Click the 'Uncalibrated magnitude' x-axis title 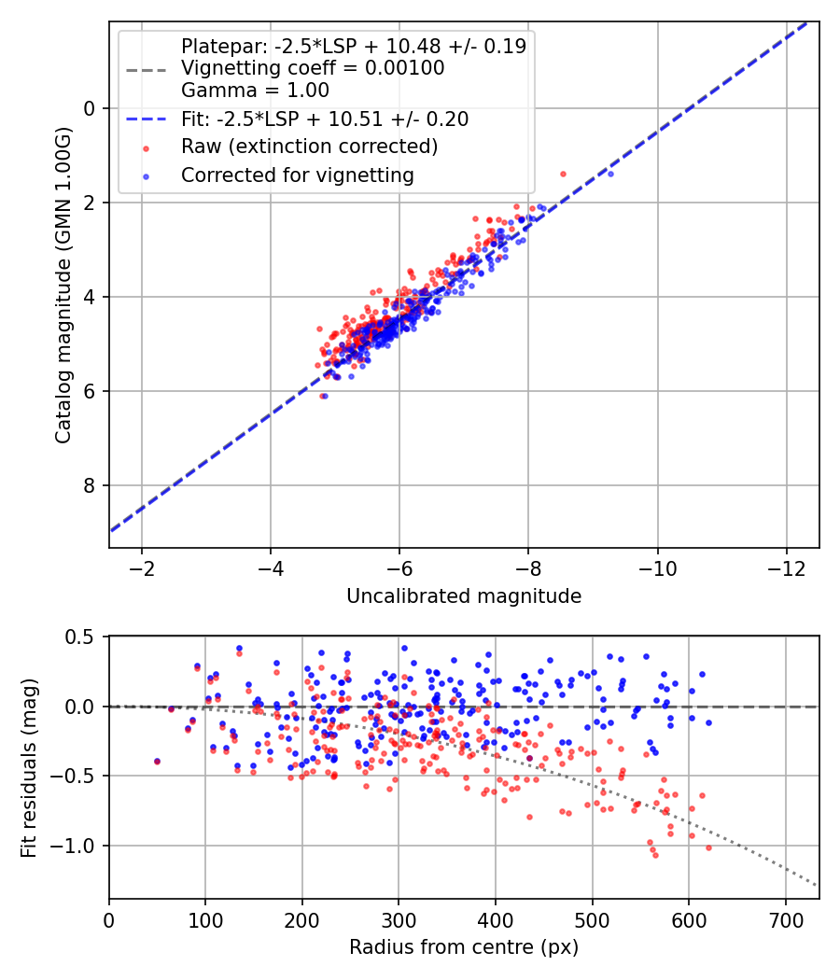[x=464, y=596]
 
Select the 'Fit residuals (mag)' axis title [x=29, y=767]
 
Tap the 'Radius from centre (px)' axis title [x=464, y=947]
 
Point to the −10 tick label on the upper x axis [x=657, y=568]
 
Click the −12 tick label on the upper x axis [x=786, y=568]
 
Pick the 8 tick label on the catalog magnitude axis [x=89, y=485]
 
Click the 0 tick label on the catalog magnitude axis [x=89, y=109]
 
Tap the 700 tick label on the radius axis [x=786, y=920]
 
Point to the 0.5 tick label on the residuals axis [x=80, y=637]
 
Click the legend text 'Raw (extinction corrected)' [x=309, y=147]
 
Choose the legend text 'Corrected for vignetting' [x=298, y=175]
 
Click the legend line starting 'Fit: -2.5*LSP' [x=325, y=119]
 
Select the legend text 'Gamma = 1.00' [x=255, y=91]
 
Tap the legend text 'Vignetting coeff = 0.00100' [x=313, y=68]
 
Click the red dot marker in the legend [x=147, y=148]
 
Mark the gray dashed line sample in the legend [x=147, y=70]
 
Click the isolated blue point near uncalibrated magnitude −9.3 [x=610, y=174]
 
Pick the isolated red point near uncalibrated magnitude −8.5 [x=563, y=174]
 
